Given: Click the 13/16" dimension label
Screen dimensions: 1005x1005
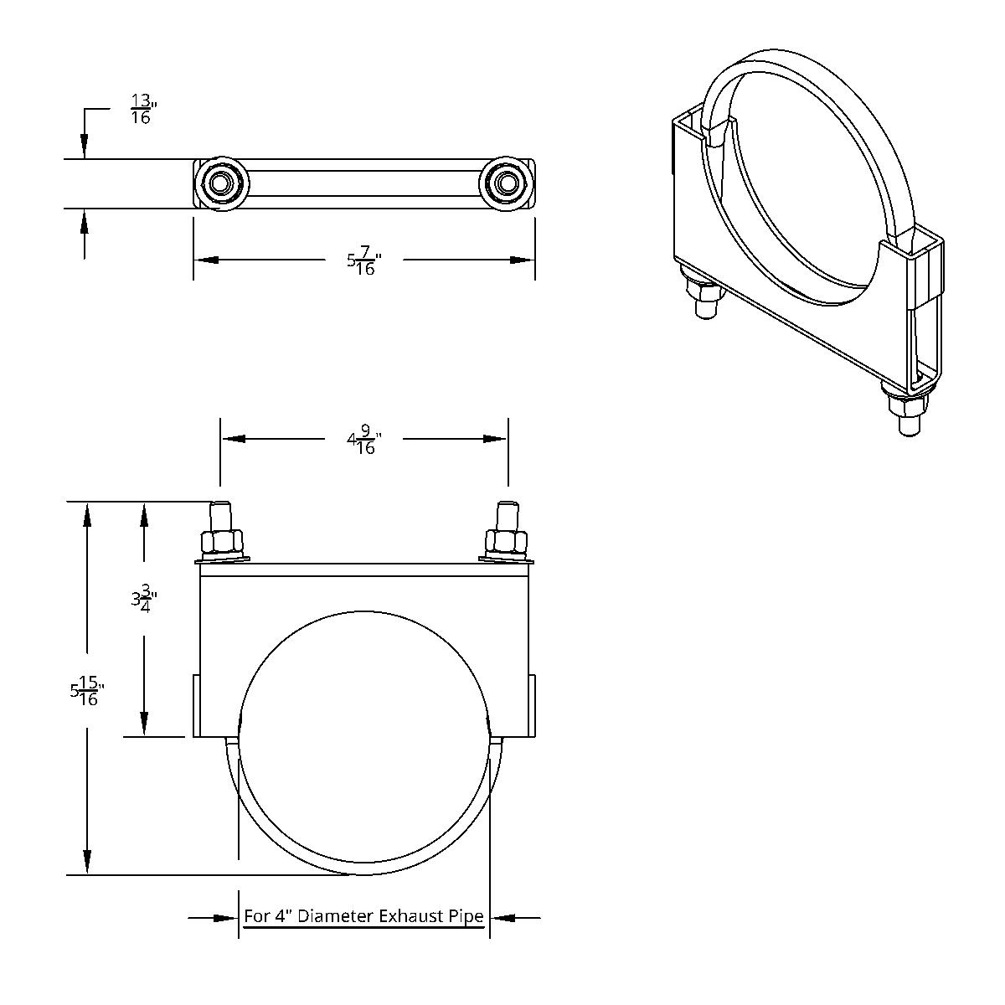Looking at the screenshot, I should [142, 109].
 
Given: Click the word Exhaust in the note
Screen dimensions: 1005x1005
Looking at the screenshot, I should [410, 916].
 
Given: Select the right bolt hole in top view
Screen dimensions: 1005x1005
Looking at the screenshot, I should [506, 183].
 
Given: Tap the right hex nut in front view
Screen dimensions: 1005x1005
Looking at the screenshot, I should [507, 543].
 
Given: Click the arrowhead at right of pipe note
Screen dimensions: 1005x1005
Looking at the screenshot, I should [502, 918].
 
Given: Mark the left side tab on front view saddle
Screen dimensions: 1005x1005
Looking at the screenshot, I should [196, 705].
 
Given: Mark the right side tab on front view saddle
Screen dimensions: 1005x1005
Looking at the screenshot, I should [533, 705].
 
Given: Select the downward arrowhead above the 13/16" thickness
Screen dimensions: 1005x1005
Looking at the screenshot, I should [84, 147].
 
